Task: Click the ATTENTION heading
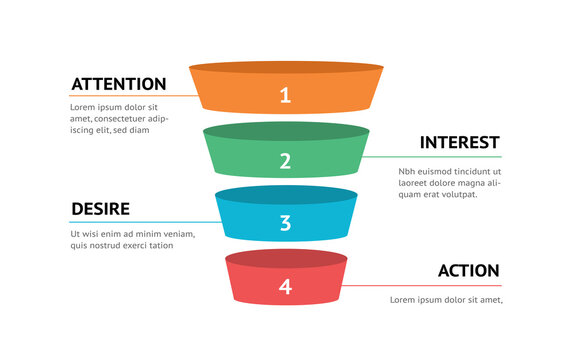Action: pyautogui.click(x=118, y=84)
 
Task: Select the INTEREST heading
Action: pyautogui.click(x=459, y=143)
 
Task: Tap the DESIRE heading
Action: pyautogui.click(x=100, y=209)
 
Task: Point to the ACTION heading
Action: pyautogui.click(x=468, y=271)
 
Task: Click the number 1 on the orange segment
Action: pyautogui.click(x=285, y=96)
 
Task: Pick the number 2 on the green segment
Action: pyautogui.click(x=285, y=160)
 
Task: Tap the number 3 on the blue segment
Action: pyautogui.click(x=285, y=223)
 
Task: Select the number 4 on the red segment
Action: pyautogui.click(x=285, y=287)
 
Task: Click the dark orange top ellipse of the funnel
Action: pyautogui.click(x=286, y=68)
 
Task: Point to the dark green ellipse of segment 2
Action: pyautogui.click(x=286, y=132)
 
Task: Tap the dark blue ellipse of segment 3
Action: pyautogui.click(x=286, y=196)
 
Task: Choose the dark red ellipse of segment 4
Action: pyautogui.click(x=286, y=259)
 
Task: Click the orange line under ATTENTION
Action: pyautogui.click(x=130, y=96)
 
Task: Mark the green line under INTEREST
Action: pyautogui.click(x=430, y=157)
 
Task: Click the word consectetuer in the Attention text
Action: pyautogui.click(x=120, y=119)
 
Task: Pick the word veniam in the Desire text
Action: pyautogui.click(x=174, y=234)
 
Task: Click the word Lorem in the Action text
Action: pyautogui.click(x=402, y=300)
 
